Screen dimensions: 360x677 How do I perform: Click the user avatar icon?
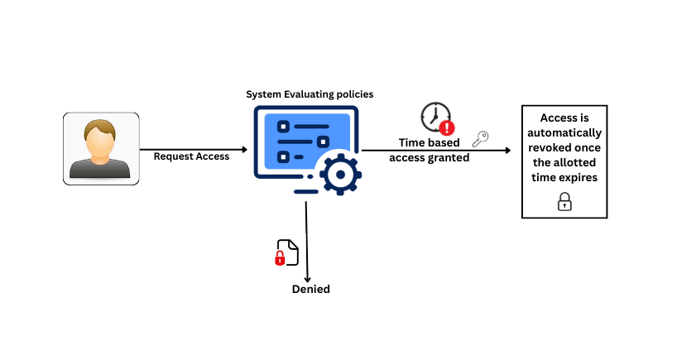point(101,149)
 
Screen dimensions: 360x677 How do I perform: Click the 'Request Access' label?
point(191,156)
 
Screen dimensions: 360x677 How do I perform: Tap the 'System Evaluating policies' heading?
point(310,94)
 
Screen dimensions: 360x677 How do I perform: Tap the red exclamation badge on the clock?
point(447,127)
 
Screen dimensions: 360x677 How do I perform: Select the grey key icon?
point(480,139)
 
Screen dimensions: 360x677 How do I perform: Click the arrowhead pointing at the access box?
point(507,151)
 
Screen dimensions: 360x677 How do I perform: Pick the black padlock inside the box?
point(564,201)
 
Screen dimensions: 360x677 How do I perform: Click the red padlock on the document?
point(280,258)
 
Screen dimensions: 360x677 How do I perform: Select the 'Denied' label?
point(310,289)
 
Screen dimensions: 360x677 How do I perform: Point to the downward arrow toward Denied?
point(307,240)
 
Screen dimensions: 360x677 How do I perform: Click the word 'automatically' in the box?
point(564,132)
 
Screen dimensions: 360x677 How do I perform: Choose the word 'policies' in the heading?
point(353,94)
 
